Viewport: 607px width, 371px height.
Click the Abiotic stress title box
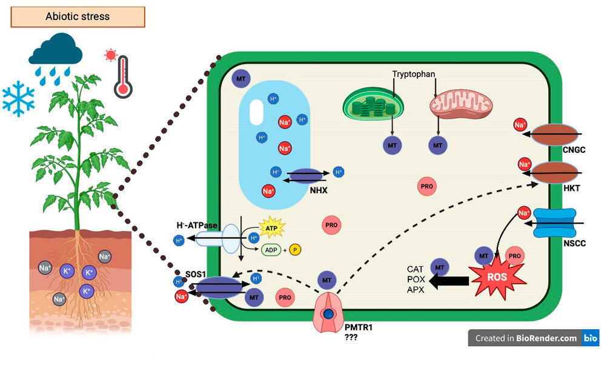coord(78,16)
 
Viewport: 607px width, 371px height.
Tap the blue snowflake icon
coord(19,99)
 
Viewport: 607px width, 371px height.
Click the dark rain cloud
coord(55,52)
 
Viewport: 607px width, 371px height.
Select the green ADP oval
coord(271,250)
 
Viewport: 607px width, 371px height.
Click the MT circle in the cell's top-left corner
coord(240,78)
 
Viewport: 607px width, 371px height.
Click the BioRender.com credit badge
coord(533,338)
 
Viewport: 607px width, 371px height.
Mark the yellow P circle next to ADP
coord(296,250)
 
